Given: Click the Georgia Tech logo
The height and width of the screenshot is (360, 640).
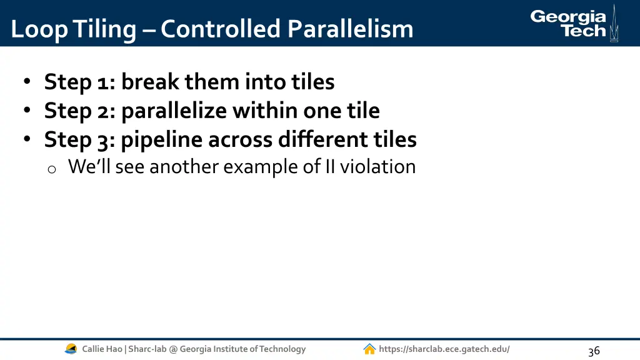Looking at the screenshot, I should (x=568, y=24).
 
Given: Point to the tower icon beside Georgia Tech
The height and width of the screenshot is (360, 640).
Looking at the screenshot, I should (x=614, y=24).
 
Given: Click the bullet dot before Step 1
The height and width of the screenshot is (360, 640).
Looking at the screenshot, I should (x=27, y=82).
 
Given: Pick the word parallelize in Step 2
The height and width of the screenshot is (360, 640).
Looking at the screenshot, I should (x=174, y=111).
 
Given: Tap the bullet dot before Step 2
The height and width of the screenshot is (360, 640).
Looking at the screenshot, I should (x=27, y=111).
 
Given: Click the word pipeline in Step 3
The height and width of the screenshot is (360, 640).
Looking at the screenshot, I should (x=161, y=139).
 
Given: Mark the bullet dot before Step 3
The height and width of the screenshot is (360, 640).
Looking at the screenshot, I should (x=27, y=140).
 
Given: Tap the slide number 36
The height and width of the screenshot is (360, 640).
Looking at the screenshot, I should (x=593, y=351).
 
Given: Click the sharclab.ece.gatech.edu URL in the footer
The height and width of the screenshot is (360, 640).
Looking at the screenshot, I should (x=444, y=349).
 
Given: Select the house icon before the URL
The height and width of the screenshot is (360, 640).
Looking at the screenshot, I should (x=369, y=349).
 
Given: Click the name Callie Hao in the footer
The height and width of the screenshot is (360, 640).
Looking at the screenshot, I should (x=102, y=349).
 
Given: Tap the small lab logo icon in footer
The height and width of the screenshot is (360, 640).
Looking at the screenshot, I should (x=71, y=349).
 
